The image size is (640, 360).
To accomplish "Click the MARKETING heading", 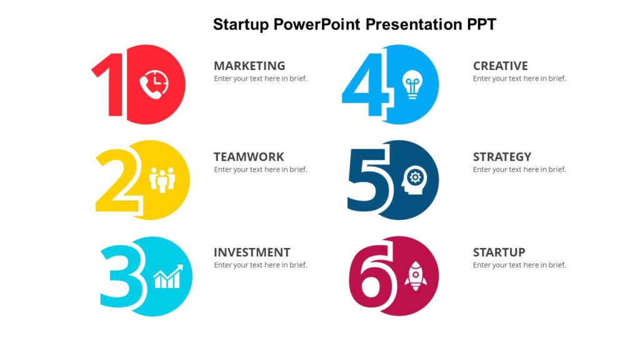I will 249,66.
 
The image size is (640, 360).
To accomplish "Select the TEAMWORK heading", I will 249,157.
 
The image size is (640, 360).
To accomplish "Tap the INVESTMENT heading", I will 252,252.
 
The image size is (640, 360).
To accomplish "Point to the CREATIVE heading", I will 500,66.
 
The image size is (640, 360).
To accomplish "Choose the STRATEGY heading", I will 502,157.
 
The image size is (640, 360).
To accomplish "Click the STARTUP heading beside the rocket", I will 499,252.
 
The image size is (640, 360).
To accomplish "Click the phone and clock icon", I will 154,85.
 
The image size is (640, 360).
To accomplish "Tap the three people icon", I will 162,180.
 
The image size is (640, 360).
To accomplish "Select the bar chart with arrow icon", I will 168,276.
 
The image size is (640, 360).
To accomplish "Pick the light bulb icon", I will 412,84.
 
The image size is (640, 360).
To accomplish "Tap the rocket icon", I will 415,276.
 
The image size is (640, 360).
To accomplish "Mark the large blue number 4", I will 367,84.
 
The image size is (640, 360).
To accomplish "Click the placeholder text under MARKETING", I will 260,79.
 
